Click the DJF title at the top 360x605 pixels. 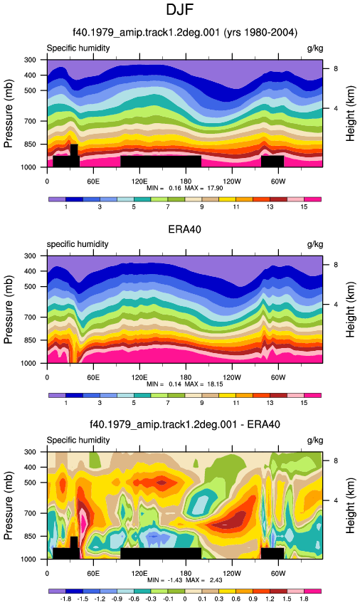[179, 9]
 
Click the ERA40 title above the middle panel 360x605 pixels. [184, 229]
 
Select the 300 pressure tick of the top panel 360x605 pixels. [31, 60]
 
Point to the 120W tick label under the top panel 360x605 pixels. [232, 181]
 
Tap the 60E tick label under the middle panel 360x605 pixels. [93, 377]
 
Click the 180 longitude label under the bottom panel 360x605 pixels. [186, 574]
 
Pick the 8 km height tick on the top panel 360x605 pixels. [336, 68]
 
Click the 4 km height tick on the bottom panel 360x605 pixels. [336, 500]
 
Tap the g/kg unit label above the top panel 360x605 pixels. [315, 48]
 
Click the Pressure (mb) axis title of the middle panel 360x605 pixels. [9, 310]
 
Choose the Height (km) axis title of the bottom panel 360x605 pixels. [350, 505]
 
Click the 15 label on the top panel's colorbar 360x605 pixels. [304, 207]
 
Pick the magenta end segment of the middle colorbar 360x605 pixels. [312, 395]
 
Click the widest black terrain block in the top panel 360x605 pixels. [161, 162]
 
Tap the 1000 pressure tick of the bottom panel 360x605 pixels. [29, 559]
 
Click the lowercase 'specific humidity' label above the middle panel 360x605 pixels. [78, 244]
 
